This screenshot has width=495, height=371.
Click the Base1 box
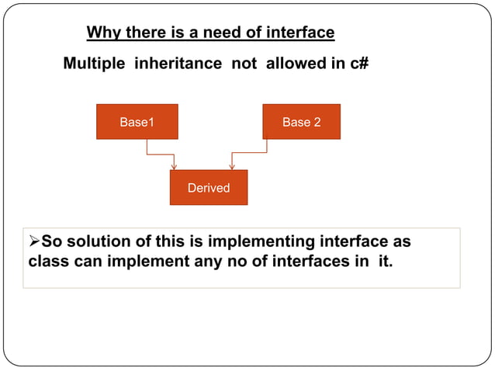coord(137,122)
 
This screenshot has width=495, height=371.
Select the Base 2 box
coord(301,122)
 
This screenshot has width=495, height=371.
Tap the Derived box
coord(208,188)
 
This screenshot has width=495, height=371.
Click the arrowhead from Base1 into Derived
coord(175,165)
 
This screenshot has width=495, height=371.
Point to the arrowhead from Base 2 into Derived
coord(232,165)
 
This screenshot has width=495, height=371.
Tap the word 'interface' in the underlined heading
coord(300,33)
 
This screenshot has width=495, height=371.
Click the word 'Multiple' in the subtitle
coord(93,64)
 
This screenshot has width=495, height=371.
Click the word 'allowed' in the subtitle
coord(296,64)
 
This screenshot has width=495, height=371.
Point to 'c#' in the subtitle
coord(358,64)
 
